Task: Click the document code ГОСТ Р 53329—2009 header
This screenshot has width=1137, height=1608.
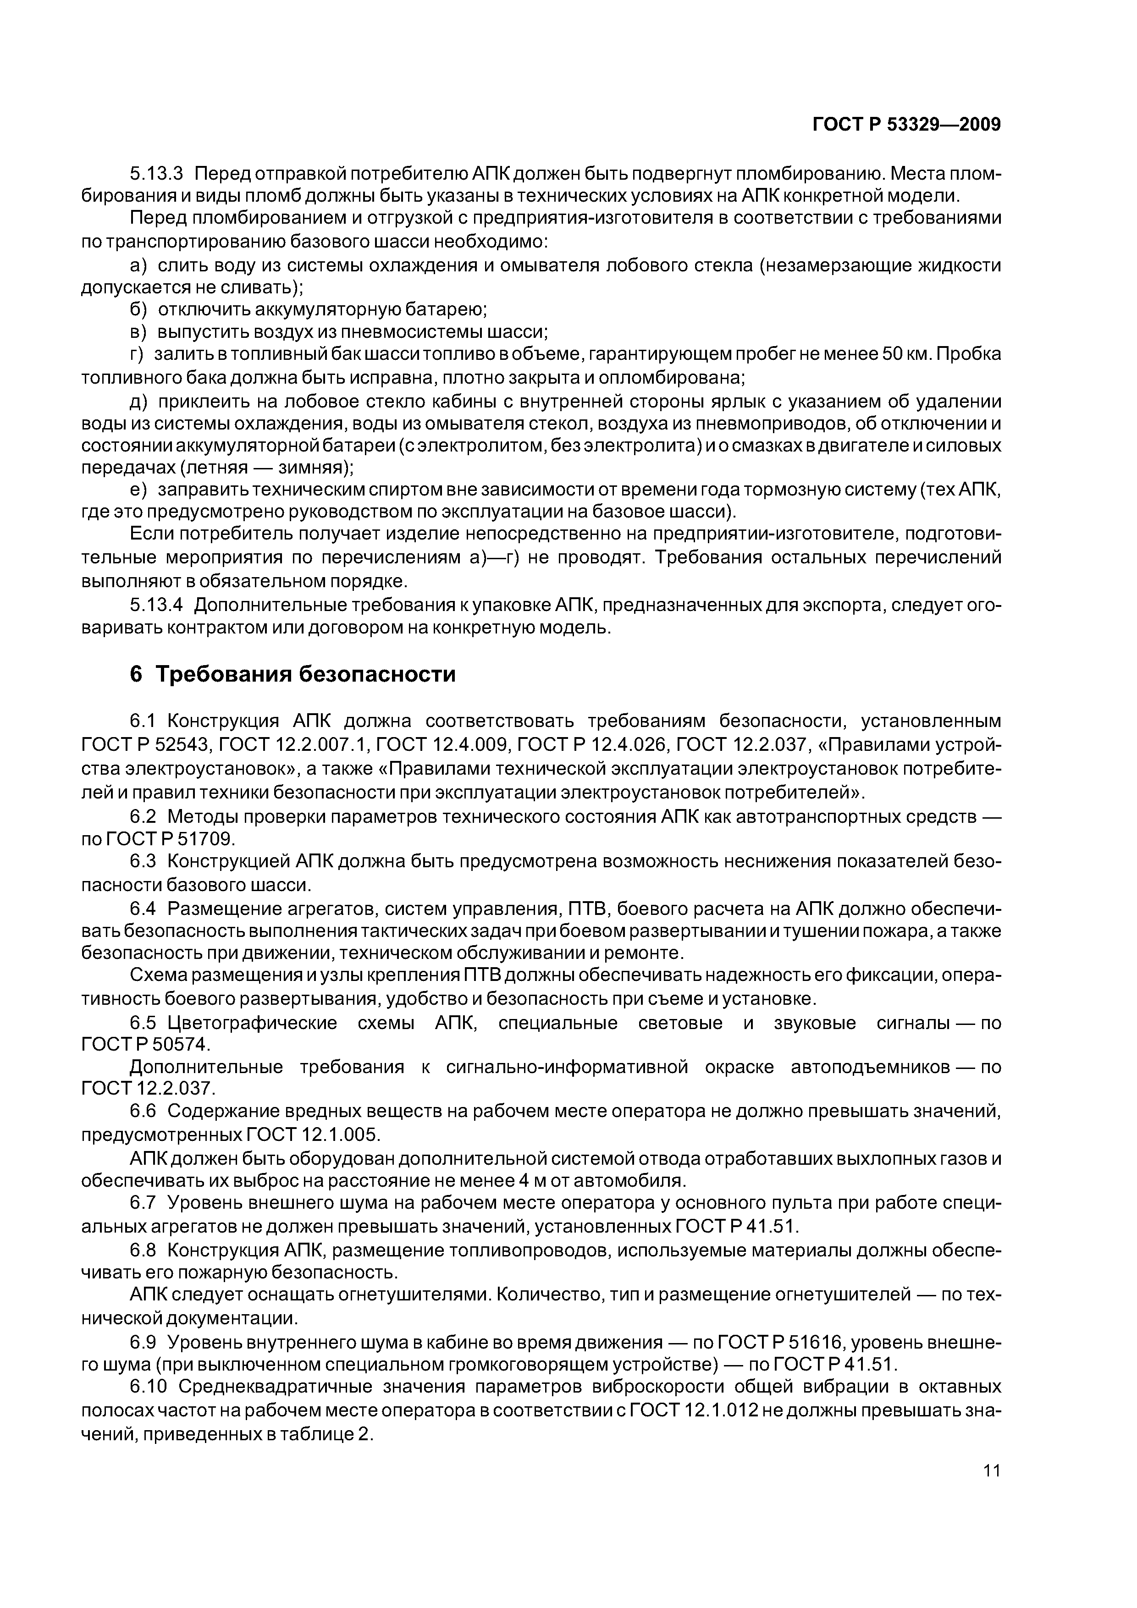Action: pos(906,125)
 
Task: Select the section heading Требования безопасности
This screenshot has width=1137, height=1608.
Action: pos(305,674)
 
